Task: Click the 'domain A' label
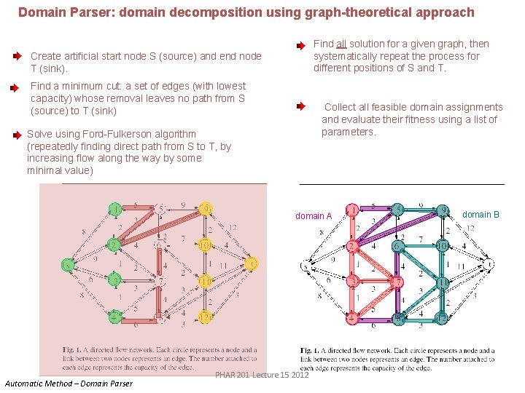tap(314, 216)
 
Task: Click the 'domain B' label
tap(481, 215)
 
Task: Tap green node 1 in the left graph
tap(115, 210)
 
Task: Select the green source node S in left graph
tap(69, 264)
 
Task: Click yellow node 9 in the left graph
tap(206, 209)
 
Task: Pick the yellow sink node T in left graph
tap(252, 263)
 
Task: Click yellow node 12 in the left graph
tap(206, 317)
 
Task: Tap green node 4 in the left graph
tap(115, 317)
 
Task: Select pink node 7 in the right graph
tap(398, 282)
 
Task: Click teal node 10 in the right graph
tap(443, 246)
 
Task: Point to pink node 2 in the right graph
tap(352, 247)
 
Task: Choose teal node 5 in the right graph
tap(397, 211)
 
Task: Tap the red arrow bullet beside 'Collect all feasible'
tap(301, 106)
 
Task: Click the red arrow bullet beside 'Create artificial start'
tap(17, 55)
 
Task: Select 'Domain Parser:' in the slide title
tap(55, 12)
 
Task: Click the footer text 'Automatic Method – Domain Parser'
tap(69, 384)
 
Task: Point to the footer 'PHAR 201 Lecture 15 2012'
tap(262, 375)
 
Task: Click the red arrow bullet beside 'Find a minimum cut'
tap(14, 87)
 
